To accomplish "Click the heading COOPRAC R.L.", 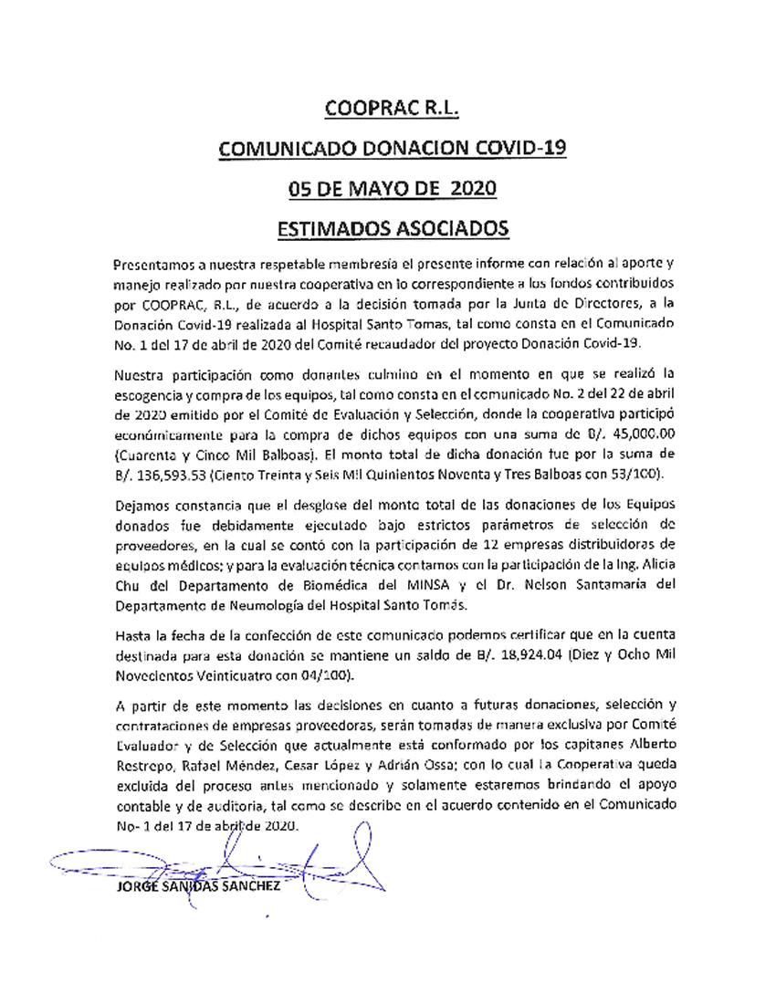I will pyautogui.click(x=390, y=110).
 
